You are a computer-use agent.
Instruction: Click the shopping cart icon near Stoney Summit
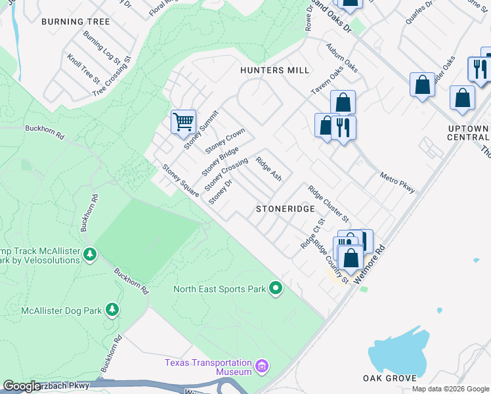183,121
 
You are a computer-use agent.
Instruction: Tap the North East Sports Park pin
276,288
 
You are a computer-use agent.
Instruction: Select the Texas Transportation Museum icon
262,365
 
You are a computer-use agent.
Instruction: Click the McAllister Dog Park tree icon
113,309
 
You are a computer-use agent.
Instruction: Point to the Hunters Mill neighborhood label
274,70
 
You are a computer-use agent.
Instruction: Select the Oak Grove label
389,378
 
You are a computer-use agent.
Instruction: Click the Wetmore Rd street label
372,261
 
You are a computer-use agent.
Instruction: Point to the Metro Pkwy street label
398,182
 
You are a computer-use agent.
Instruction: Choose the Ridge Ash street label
268,169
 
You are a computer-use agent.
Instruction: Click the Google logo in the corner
21,386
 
